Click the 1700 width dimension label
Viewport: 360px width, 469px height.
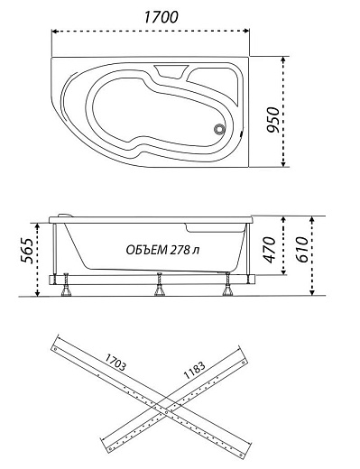tap(162, 17)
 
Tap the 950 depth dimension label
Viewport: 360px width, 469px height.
tap(274, 120)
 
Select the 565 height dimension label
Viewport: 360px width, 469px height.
tap(27, 251)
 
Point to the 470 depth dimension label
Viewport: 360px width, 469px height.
tap(269, 250)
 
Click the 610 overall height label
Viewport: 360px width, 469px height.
tap(301, 250)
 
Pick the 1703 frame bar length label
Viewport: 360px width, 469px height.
tap(115, 362)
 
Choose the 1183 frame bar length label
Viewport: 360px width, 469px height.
tap(195, 370)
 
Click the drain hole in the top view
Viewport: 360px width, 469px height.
tap(220, 129)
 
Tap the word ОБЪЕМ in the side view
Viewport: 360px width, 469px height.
tap(147, 250)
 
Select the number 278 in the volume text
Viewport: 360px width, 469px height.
tap(180, 250)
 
